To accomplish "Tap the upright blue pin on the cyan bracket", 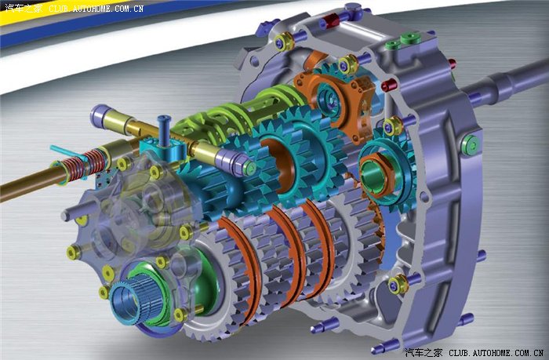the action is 164,131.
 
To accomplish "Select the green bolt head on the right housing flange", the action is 470,145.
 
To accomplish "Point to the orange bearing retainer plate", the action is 336,101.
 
